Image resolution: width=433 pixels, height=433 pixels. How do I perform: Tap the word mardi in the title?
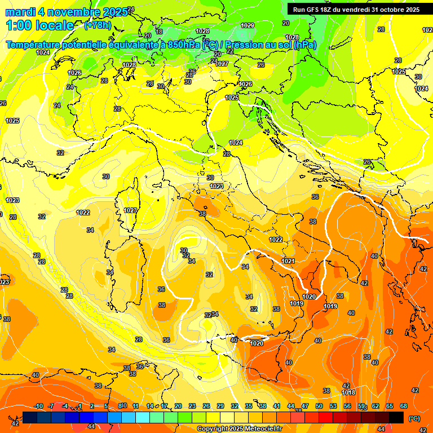(20, 12)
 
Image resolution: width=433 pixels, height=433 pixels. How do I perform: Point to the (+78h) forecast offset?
(98, 25)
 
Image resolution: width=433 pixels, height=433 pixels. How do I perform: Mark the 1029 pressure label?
(248, 25)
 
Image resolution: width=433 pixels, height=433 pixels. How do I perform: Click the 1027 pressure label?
(222, 64)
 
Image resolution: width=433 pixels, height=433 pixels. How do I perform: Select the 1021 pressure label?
(288, 261)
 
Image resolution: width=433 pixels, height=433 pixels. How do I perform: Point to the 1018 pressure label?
(348, 392)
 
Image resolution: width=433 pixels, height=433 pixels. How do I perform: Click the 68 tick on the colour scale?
(404, 406)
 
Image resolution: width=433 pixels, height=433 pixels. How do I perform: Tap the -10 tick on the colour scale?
(39, 406)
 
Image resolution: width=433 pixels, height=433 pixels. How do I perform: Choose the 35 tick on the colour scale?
(249, 406)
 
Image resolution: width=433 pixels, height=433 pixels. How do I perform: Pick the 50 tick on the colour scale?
(319, 406)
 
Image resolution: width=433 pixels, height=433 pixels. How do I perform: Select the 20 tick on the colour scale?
(178, 406)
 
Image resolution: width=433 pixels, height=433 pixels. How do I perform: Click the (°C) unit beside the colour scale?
(414, 418)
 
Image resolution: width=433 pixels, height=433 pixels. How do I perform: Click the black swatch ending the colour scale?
(396, 417)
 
